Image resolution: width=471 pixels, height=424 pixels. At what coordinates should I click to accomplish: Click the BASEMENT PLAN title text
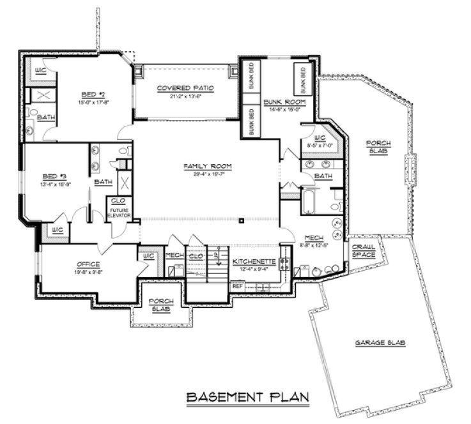247,397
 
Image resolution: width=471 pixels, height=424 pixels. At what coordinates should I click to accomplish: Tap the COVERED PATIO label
185,88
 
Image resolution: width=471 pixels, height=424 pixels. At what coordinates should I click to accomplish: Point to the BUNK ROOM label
284,102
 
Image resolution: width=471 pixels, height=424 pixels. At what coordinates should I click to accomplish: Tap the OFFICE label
88,264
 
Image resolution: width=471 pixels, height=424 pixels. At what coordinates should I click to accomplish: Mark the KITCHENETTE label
254,262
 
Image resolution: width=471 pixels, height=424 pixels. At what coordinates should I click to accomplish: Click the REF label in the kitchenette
237,286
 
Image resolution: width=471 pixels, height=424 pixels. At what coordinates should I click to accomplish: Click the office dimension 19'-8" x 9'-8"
88,271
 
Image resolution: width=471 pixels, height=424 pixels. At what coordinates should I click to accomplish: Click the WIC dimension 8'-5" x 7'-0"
320,144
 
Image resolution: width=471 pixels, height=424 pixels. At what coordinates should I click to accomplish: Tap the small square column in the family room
242,221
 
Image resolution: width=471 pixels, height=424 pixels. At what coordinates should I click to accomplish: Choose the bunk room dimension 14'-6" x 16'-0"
284,109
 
